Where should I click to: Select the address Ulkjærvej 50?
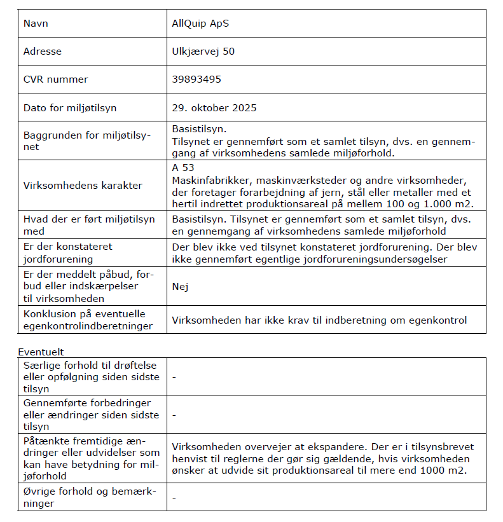pos(203,52)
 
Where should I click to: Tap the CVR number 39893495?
pos(196,79)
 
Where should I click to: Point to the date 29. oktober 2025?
pos(214,107)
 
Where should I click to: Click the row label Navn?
pos(36,24)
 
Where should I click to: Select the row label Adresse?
pos(43,52)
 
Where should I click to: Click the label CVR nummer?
pos(55,79)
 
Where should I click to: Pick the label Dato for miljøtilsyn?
pos(69,107)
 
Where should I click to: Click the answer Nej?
pos(180,286)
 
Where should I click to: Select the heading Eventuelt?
pos(41,352)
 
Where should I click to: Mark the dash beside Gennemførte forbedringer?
pos(174,415)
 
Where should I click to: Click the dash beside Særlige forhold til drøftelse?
pos(174,377)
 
